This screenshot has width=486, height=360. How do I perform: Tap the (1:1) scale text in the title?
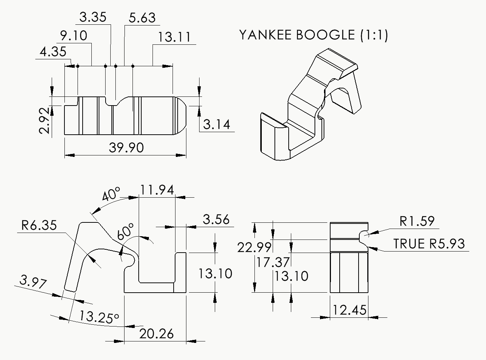[x=374, y=35]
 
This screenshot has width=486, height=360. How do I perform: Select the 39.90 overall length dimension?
[x=126, y=147]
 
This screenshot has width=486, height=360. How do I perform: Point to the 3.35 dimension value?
[x=93, y=17]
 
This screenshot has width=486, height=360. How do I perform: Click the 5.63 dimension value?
[x=142, y=18]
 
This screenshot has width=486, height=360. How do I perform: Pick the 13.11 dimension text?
[x=174, y=37]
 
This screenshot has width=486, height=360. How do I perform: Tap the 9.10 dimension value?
[x=74, y=36]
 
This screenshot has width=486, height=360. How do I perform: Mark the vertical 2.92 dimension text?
[x=45, y=120]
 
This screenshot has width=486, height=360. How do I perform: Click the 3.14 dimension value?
[x=217, y=124]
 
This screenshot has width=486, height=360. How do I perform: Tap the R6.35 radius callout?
[x=39, y=225]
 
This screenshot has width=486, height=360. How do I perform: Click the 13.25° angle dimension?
[x=99, y=317]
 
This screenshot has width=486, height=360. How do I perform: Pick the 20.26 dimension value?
[x=156, y=333]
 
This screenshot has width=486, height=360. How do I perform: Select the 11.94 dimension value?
[x=157, y=190]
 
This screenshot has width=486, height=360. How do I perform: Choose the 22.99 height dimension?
[x=254, y=247]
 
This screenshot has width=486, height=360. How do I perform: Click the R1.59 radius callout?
[x=417, y=221]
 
